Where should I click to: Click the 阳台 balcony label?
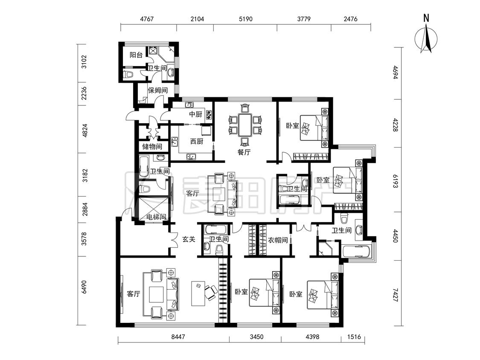[x=136, y=55]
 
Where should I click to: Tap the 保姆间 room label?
[x=157, y=90]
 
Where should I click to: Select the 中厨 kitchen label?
[x=195, y=114]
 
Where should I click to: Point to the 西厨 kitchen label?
[x=196, y=141]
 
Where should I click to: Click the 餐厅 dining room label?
[x=244, y=152]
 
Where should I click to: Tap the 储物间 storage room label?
[x=152, y=147]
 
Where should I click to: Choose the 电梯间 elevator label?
[x=156, y=217]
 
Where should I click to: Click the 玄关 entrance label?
[x=189, y=239]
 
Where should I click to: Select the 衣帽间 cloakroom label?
[x=278, y=240]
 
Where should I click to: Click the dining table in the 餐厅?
[x=244, y=125]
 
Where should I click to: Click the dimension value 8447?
[x=178, y=337]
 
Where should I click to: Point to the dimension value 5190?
[x=245, y=19]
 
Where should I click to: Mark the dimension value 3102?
[x=84, y=62]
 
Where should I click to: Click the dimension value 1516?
[x=354, y=337]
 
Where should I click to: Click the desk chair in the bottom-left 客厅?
[x=211, y=293]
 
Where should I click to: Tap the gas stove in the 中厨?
[x=209, y=114]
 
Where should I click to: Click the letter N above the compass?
[x=426, y=18]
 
